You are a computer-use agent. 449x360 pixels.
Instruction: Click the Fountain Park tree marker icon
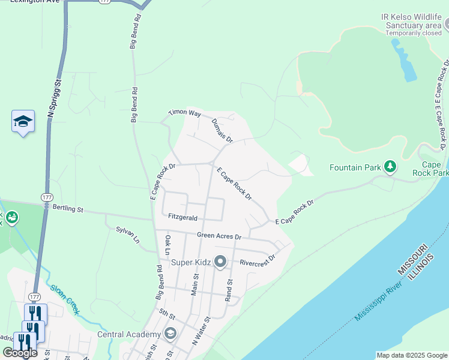point(390,166)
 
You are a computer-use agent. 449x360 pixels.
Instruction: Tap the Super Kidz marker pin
point(220,262)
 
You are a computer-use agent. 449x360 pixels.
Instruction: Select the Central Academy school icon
point(170,334)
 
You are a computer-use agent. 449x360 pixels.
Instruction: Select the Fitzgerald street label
point(183,217)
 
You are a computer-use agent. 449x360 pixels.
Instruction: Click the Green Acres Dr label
point(220,236)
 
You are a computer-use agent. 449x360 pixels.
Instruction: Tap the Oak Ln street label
point(168,246)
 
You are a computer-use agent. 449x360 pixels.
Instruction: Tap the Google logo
point(20,353)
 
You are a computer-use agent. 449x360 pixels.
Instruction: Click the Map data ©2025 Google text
point(412,355)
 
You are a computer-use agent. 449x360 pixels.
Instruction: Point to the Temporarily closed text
point(413,33)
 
